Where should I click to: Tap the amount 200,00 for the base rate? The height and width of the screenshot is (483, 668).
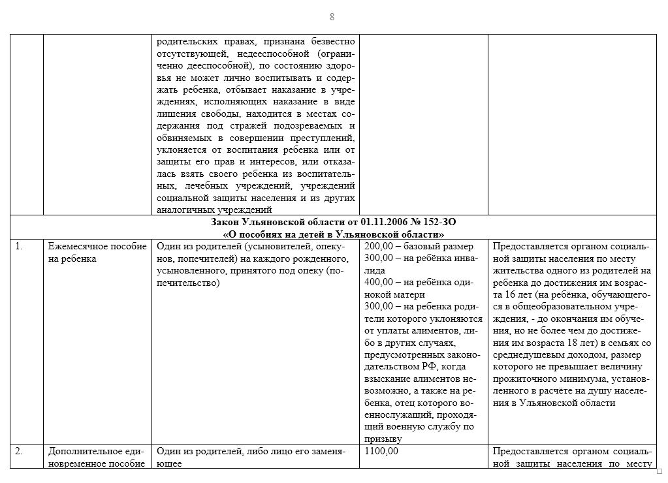(x=378, y=246)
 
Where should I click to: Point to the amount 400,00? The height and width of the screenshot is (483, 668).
(x=378, y=281)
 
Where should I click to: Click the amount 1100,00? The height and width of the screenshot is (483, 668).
(x=381, y=451)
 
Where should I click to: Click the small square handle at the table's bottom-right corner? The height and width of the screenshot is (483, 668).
(x=659, y=471)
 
